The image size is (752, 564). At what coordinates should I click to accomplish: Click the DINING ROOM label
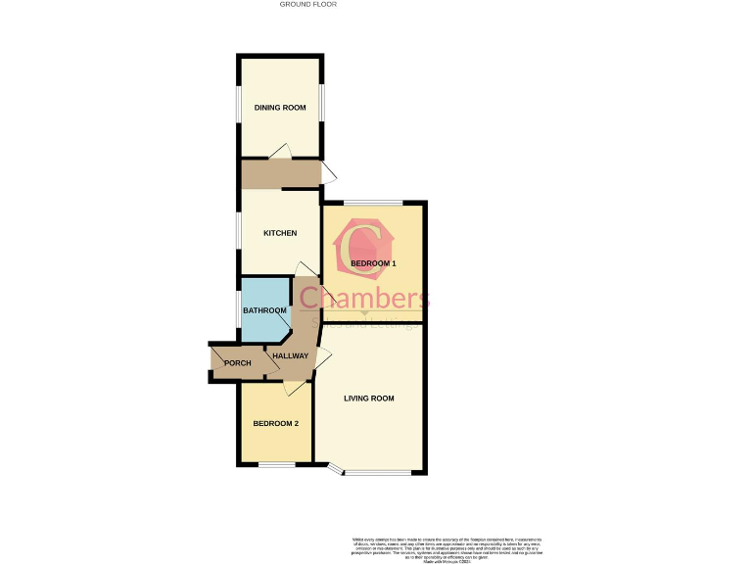pyautogui.click(x=280, y=108)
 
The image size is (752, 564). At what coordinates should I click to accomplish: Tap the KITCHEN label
pyautogui.click(x=280, y=233)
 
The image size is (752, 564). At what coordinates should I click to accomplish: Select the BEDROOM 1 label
pyautogui.click(x=373, y=264)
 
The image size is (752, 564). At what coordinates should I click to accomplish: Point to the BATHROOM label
pyautogui.click(x=264, y=310)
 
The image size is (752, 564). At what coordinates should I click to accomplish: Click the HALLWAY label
pyautogui.click(x=291, y=355)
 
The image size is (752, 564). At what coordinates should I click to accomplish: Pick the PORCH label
pyautogui.click(x=237, y=363)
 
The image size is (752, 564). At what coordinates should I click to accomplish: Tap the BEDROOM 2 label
pyautogui.click(x=275, y=423)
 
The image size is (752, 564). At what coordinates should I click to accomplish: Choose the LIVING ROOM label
pyautogui.click(x=368, y=398)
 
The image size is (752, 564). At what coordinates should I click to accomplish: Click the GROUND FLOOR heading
pyautogui.click(x=308, y=5)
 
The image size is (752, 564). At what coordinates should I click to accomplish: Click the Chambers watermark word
pyautogui.click(x=364, y=297)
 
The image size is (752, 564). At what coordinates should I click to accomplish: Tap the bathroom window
pyautogui.click(x=239, y=308)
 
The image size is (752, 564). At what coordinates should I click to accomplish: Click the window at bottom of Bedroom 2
pyautogui.click(x=276, y=464)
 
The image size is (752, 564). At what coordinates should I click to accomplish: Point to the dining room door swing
pyautogui.click(x=279, y=151)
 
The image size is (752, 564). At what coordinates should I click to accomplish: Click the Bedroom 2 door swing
pyautogui.click(x=292, y=389)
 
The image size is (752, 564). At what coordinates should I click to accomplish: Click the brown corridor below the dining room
pyautogui.click(x=281, y=174)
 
